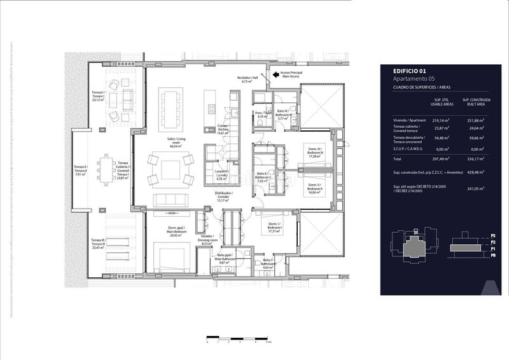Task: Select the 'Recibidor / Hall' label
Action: click(x=248, y=80)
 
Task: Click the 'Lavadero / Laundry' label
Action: click(x=222, y=176)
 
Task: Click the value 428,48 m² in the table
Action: click(x=472, y=172)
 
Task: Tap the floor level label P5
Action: click(x=493, y=237)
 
